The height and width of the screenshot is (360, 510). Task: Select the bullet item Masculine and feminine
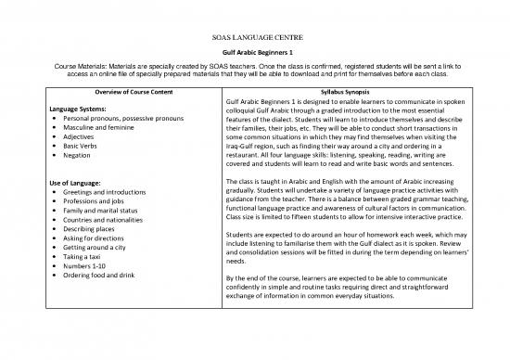[101, 133]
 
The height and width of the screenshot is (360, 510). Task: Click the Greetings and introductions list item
[109, 194]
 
